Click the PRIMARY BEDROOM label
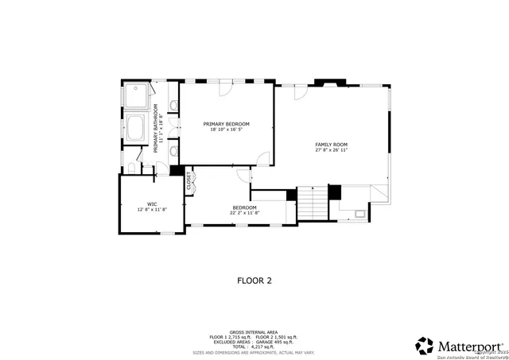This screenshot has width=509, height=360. [226, 124]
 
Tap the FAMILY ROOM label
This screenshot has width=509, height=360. [332, 144]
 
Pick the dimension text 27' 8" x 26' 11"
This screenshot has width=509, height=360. [332, 150]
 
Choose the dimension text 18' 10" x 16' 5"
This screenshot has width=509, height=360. [226, 130]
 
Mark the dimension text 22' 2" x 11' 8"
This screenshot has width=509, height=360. [244, 213]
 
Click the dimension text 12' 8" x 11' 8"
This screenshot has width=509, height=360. [151, 209]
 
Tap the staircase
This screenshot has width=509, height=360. [313, 203]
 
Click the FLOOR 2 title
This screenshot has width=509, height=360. [254, 280]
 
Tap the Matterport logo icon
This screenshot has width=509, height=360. [425, 346]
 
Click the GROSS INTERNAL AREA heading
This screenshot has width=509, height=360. [254, 331]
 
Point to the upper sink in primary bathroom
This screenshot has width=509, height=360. [173, 106]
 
